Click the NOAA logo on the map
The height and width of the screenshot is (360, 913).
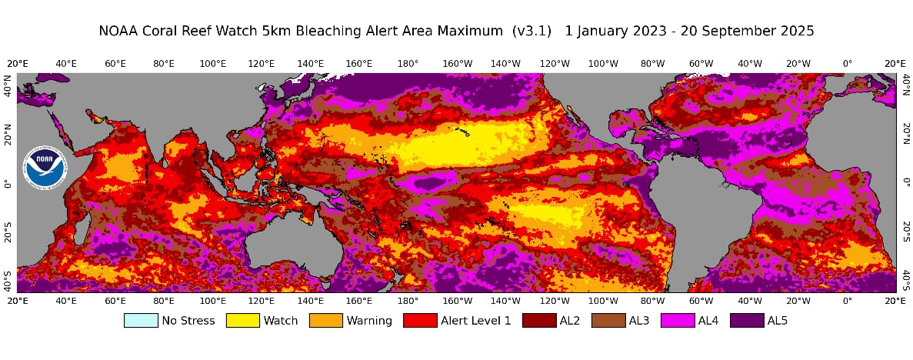coord(44,168)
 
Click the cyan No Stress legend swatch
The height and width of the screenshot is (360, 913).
coord(140,320)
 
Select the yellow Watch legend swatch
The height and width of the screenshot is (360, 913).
coord(242,320)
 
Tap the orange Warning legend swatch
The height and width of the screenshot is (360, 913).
coord(325,320)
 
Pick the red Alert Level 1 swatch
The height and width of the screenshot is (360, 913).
coord(421,320)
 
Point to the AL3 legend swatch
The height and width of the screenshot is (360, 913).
coord(608,320)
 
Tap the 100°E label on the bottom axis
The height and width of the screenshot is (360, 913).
coord(212,302)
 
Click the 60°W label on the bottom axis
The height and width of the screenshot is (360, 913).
coord(701,302)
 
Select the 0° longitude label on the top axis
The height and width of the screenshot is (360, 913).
coord(848,63)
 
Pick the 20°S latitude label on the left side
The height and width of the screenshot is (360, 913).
coord(8,234)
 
